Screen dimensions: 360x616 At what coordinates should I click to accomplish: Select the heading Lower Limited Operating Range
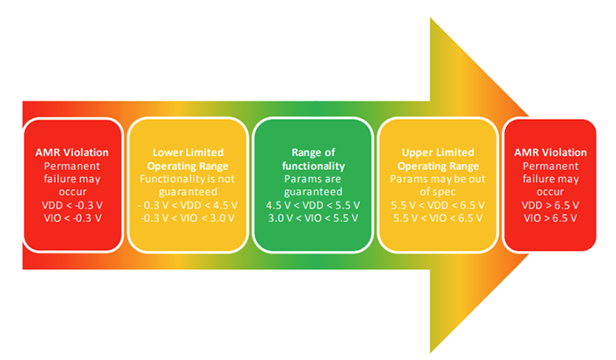click(185, 158)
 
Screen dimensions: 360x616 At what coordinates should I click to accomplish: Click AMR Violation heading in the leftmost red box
click(68, 152)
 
